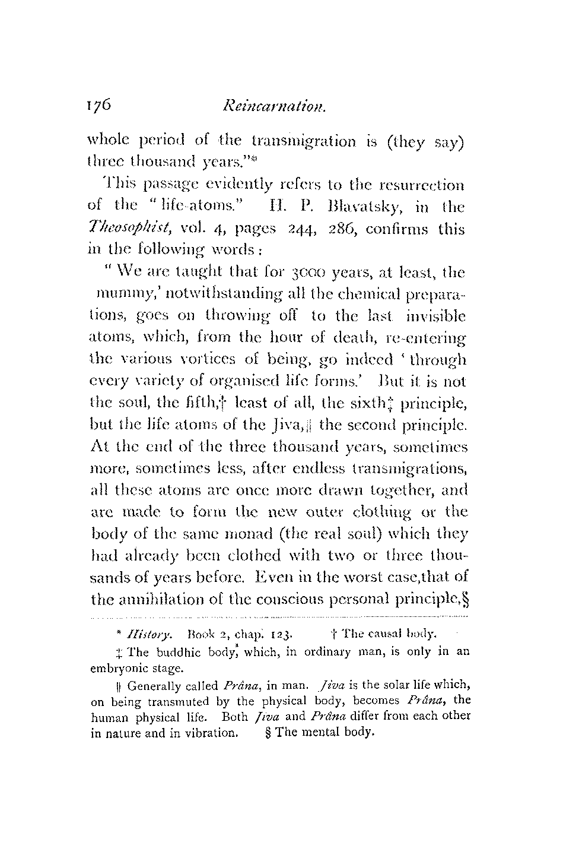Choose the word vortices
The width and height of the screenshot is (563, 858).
[169, 360]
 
